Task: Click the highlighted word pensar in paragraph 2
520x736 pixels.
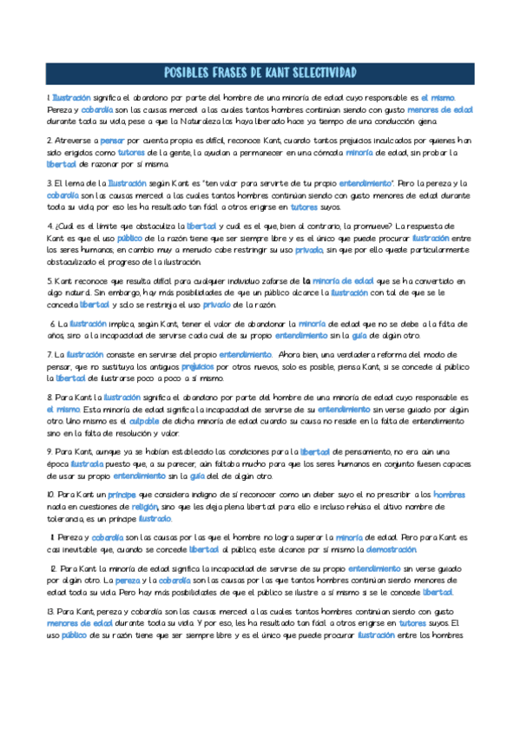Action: coord(112,140)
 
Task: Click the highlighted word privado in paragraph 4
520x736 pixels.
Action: coord(309,249)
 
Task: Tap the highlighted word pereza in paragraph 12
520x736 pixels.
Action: coord(127,580)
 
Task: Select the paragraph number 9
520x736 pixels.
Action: coord(49,451)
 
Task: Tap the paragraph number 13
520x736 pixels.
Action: coord(50,611)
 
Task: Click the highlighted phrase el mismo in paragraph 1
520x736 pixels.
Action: coord(438,97)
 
